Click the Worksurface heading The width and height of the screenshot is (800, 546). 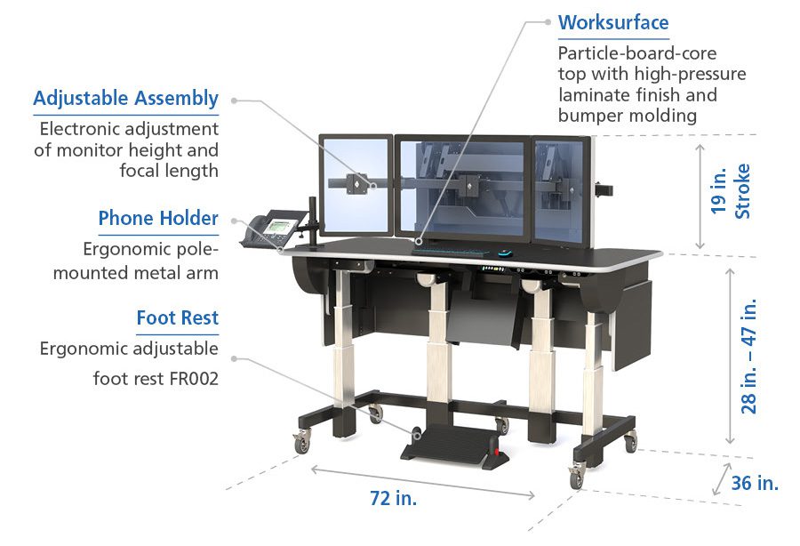[613, 22]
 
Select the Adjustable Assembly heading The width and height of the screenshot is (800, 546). [125, 98]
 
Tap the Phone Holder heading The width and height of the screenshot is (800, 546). [158, 218]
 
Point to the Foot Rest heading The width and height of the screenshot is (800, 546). [177, 317]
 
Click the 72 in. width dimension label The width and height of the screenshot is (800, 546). [393, 499]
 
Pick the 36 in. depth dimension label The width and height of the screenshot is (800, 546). [755, 483]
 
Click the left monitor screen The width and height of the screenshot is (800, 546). [356, 187]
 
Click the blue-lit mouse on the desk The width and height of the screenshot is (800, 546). [505, 253]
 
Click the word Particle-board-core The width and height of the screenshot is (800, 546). [637, 53]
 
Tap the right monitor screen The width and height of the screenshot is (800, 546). [560, 189]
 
